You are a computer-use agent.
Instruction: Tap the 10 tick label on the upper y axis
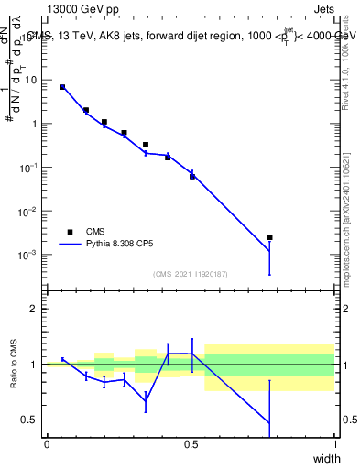[x=31, y=80]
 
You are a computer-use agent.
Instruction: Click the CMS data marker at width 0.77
[x=269, y=237]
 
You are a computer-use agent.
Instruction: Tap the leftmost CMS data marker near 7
[x=62, y=87]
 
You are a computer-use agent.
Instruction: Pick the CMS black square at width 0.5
[x=192, y=176]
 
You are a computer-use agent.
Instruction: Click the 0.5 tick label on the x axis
[x=191, y=444]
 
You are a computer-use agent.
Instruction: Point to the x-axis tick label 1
[x=334, y=444]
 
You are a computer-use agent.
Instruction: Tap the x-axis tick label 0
[x=48, y=444]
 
